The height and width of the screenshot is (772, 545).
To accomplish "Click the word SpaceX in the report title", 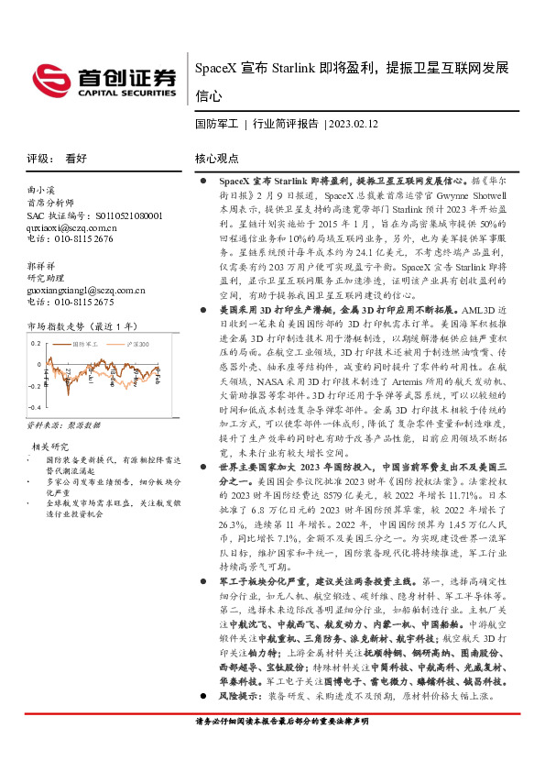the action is tap(216, 70).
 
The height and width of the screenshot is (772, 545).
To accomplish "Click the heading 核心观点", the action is tap(217, 158).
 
